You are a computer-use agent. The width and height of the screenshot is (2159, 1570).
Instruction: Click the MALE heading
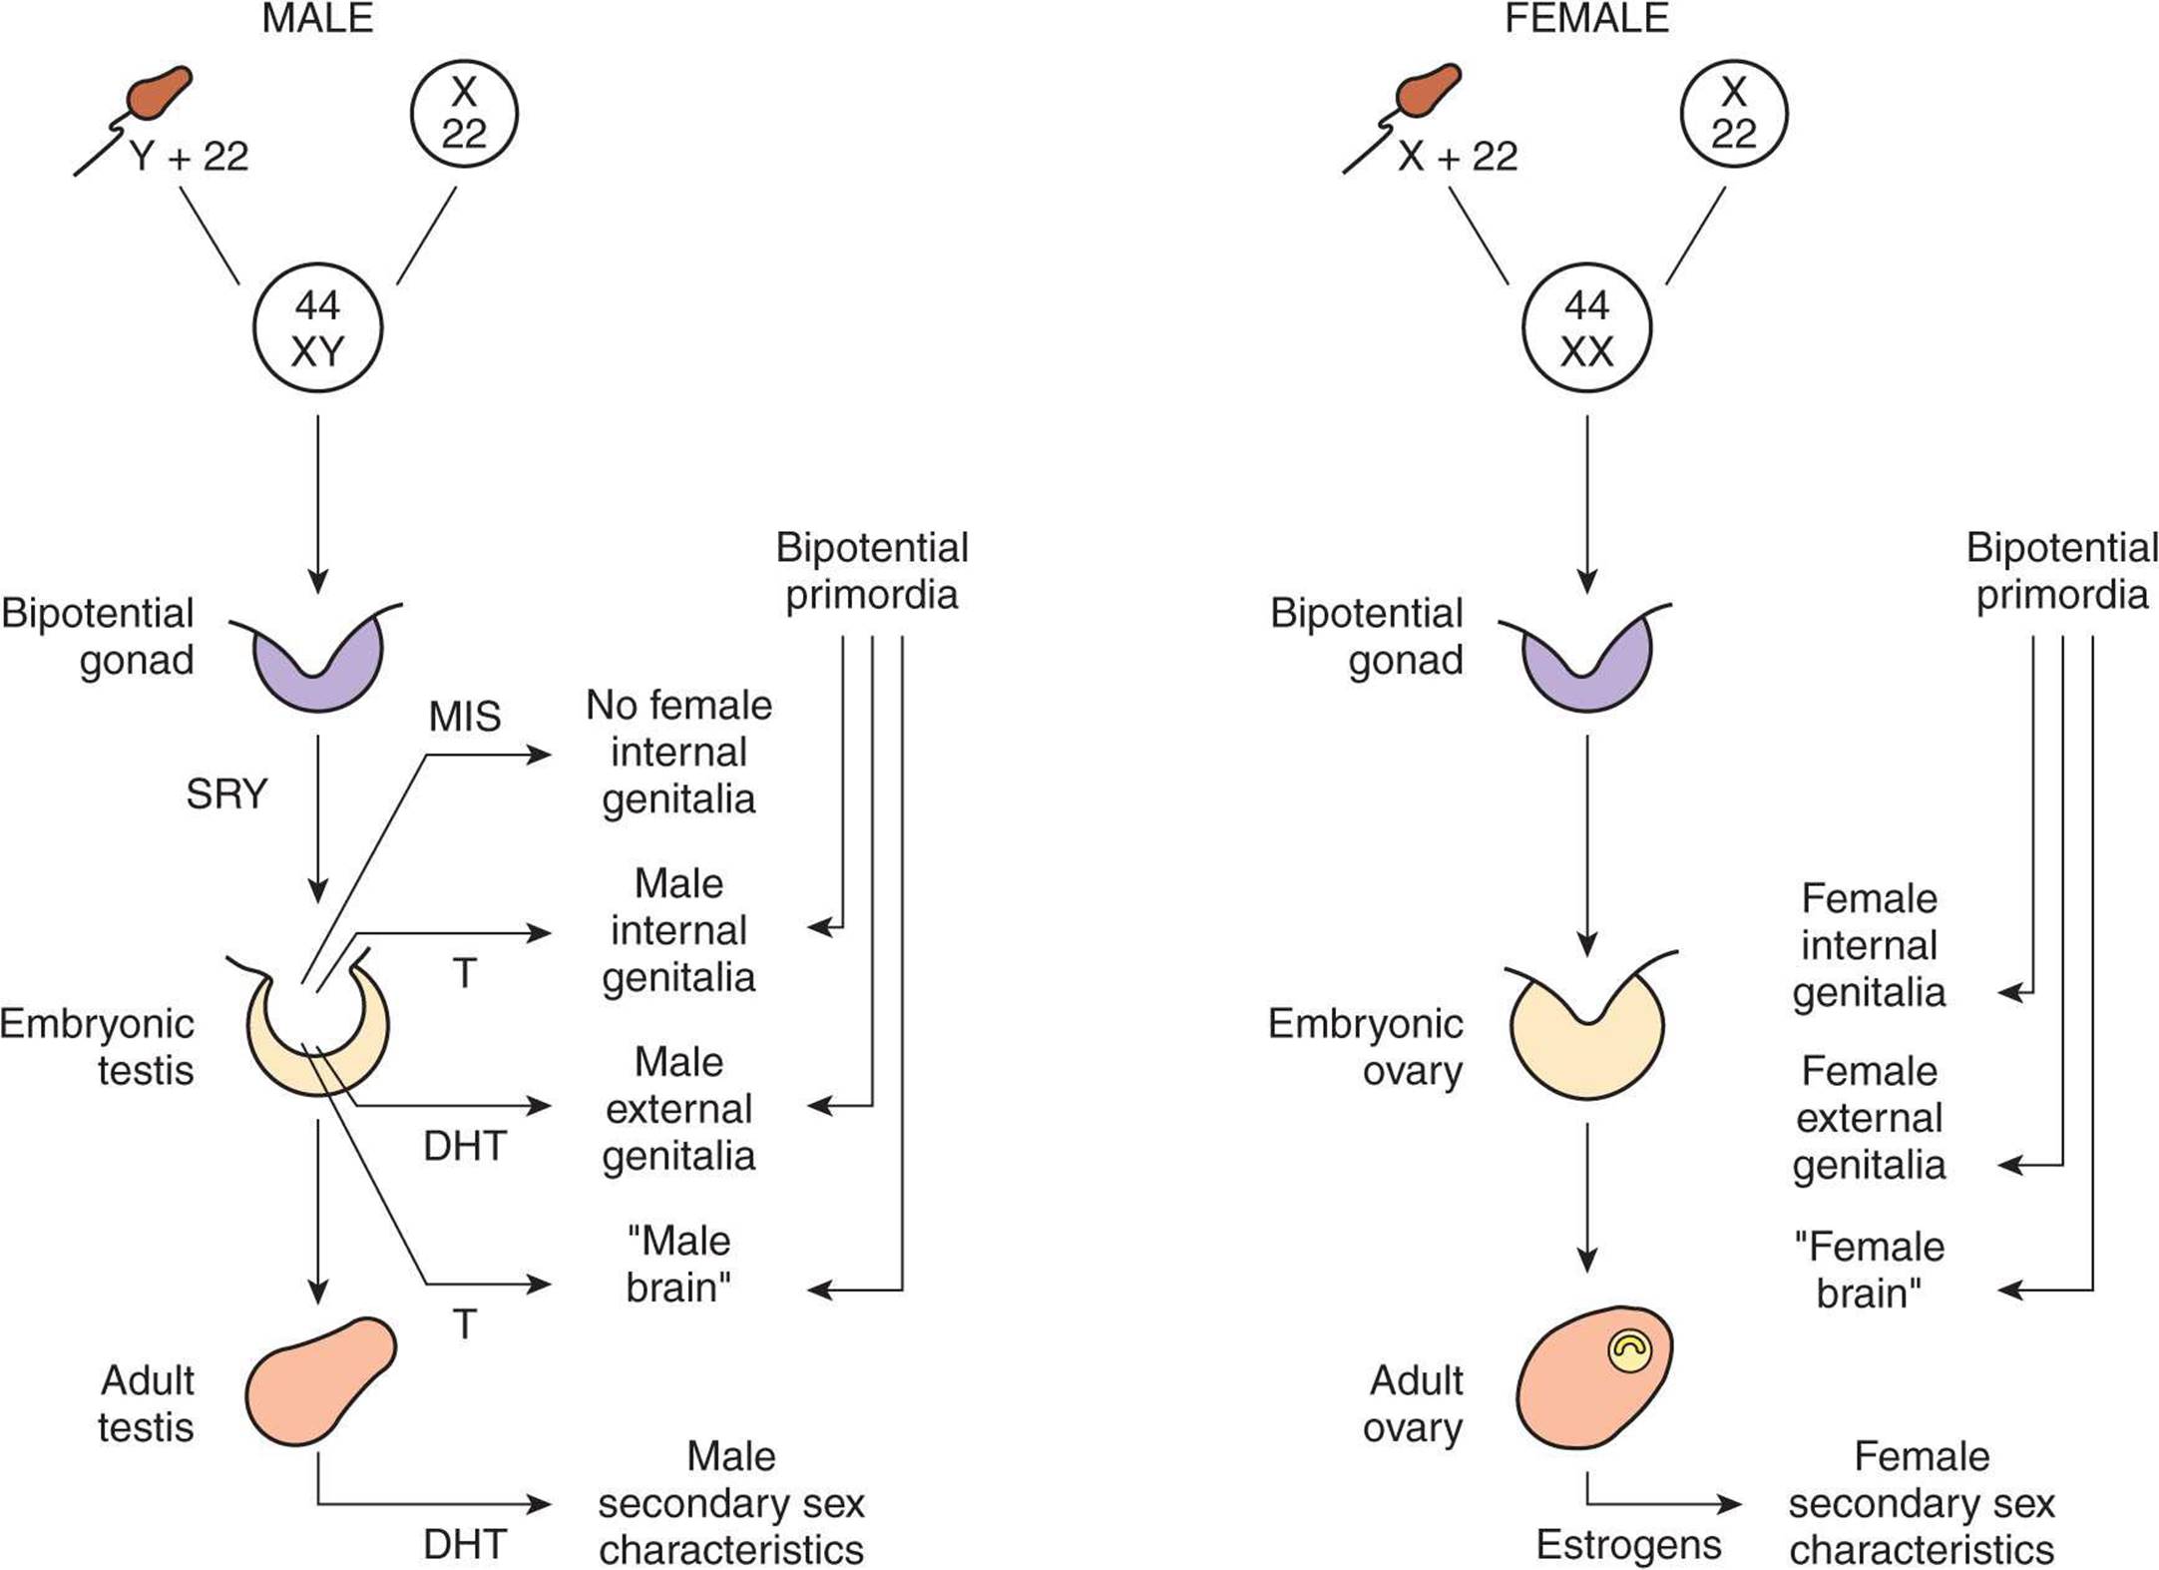pyautogui.click(x=317, y=19)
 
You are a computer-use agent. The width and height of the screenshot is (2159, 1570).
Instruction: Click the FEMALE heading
pyautogui.click(x=1586, y=19)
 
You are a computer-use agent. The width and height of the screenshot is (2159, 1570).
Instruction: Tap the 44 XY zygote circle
pyautogui.click(x=317, y=328)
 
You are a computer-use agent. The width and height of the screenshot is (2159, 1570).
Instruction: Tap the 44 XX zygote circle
pyautogui.click(x=1586, y=328)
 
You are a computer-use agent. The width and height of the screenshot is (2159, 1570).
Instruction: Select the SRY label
pyautogui.click(x=226, y=794)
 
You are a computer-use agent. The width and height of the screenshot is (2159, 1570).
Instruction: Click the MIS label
pyautogui.click(x=464, y=717)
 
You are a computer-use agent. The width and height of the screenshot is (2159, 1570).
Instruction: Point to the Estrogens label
pyautogui.click(x=1628, y=1544)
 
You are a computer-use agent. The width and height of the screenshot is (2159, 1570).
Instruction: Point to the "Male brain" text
pyautogui.click(x=678, y=1265)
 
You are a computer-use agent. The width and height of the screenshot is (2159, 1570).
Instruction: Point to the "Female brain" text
pyautogui.click(x=1869, y=1270)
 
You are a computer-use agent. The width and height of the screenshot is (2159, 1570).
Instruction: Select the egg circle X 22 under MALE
pyautogui.click(x=464, y=113)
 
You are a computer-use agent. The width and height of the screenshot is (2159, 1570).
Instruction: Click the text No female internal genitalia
pyautogui.click(x=678, y=752)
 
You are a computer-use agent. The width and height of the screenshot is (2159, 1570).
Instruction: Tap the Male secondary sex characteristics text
pyautogui.click(x=730, y=1503)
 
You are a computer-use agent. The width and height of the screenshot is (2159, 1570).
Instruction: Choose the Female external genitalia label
pyautogui.click(x=1869, y=1118)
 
